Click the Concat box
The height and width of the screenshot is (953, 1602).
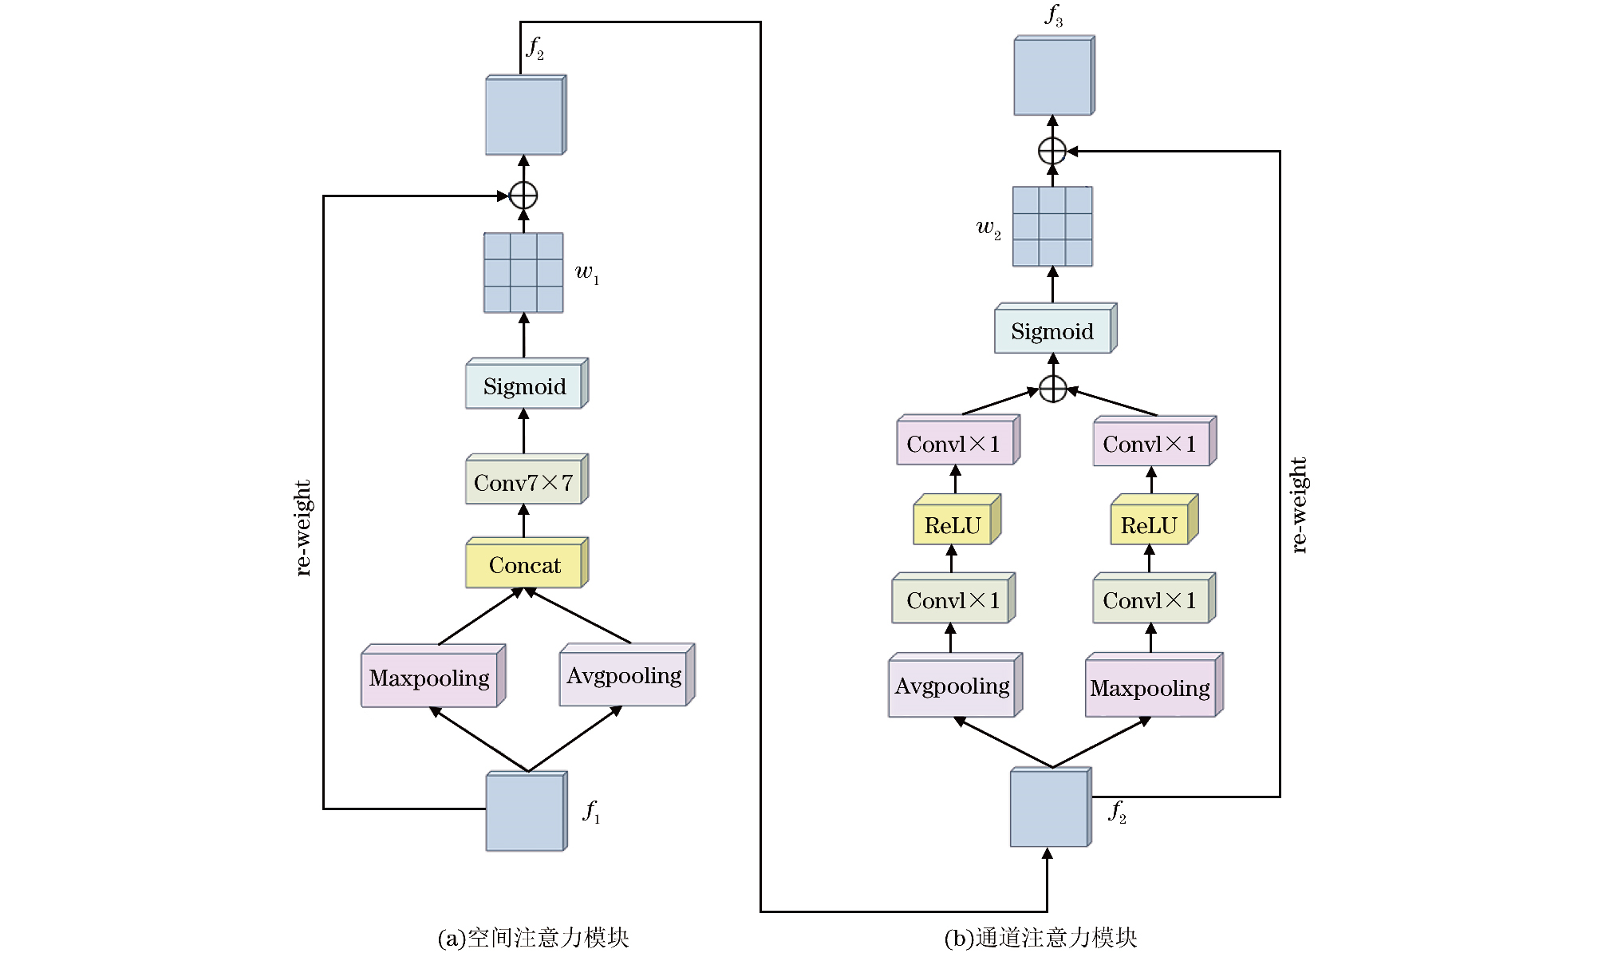click(x=527, y=563)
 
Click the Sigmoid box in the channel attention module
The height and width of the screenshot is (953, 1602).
click(x=1056, y=328)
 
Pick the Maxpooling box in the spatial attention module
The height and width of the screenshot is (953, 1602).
click(x=433, y=675)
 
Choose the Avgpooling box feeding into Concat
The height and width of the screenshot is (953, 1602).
click(x=627, y=674)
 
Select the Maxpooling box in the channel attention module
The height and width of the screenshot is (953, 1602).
click(x=1154, y=685)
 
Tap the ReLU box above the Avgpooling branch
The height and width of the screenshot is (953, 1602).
click(x=957, y=520)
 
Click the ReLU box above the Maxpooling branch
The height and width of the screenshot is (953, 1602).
click(x=1154, y=520)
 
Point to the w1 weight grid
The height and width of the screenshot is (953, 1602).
click(x=523, y=273)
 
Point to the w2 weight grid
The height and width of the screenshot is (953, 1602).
click(x=1052, y=227)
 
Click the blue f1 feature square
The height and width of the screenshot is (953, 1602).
click(x=527, y=811)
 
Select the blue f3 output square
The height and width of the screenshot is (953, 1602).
click(x=1054, y=75)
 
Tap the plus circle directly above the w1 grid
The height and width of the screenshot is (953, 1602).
click(x=523, y=195)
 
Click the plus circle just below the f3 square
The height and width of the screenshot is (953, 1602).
click(x=1052, y=150)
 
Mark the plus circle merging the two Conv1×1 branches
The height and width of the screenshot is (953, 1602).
click(x=1053, y=389)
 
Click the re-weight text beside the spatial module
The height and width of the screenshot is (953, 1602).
click(x=302, y=528)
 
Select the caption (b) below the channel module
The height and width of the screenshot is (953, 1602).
click(x=1040, y=938)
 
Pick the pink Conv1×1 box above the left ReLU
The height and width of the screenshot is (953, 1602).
click(x=958, y=440)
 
